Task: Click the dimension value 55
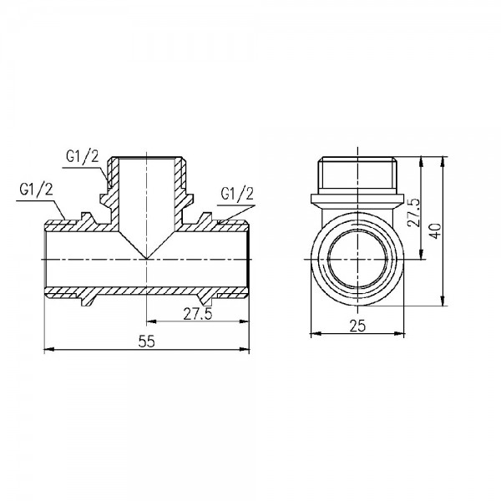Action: (x=146, y=341)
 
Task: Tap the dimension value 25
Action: (x=358, y=326)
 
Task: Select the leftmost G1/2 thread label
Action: (x=35, y=188)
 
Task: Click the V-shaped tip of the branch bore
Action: (x=147, y=258)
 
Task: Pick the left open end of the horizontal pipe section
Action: (x=45, y=259)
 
